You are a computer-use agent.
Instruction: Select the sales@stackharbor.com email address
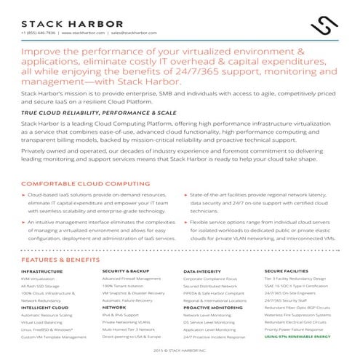pyautogui.click(x=133, y=33)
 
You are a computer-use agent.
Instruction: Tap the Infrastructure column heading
pyautogui.click(x=42, y=271)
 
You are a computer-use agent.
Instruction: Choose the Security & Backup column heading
pyautogui.click(x=126, y=271)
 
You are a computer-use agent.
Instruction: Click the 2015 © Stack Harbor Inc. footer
pyautogui.click(x=179, y=350)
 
